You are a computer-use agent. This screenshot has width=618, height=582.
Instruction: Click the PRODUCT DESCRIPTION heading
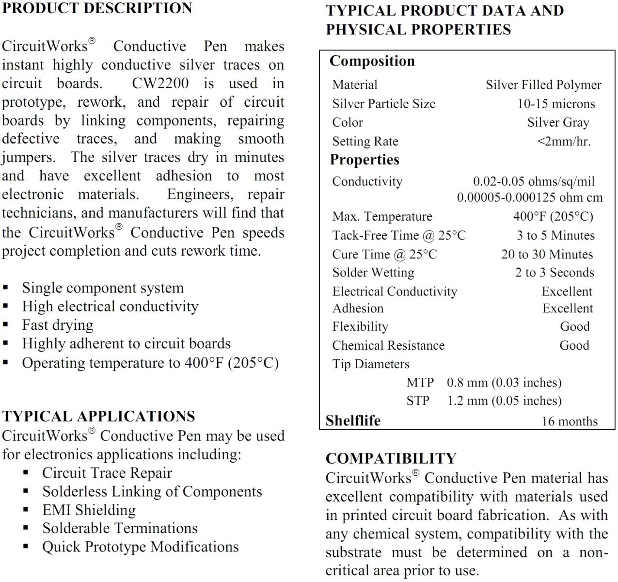click(x=97, y=8)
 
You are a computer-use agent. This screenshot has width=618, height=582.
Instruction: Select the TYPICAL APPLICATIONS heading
click(x=98, y=416)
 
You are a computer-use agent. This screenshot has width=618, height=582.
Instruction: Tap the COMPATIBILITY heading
click(x=391, y=458)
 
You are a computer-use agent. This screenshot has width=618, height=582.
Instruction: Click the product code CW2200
click(x=160, y=83)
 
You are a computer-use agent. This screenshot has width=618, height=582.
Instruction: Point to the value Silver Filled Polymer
click(x=543, y=85)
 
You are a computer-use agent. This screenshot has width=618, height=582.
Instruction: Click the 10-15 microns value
click(x=556, y=104)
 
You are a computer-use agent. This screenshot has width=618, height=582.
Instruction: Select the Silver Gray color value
click(x=558, y=123)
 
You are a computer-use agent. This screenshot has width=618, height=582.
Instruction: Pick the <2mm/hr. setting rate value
click(x=564, y=142)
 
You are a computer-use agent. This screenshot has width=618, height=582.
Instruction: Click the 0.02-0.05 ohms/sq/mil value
click(x=534, y=181)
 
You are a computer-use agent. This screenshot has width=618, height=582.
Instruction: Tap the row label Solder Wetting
click(x=373, y=273)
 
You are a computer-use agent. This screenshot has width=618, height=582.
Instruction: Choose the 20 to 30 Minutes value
click(x=547, y=254)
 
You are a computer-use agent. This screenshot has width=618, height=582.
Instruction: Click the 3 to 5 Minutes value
click(x=555, y=235)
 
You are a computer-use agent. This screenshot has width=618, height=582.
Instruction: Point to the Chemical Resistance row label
click(x=388, y=345)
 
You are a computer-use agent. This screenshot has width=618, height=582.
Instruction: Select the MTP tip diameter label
click(x=420, y=383)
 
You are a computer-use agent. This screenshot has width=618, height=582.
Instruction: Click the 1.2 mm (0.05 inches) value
click(x=504, y=401)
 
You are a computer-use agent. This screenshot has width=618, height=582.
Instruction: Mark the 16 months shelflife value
click(x=570, y=421)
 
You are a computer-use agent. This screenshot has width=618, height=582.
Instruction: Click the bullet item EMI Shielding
click(x=89, y=510)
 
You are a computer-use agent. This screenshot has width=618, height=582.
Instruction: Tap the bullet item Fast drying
click(x=57, y=325)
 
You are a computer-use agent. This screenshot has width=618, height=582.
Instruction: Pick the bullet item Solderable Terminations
click(x=120, y=528)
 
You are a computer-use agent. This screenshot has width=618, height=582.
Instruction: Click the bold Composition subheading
click(x=372, y=61)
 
